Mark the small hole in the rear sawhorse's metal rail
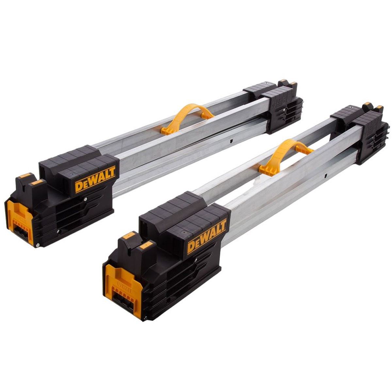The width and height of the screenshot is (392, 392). click(231, 141)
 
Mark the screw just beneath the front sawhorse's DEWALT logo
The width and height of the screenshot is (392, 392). click(195, 260)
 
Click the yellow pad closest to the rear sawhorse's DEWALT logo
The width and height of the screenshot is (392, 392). click(39, 182)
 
